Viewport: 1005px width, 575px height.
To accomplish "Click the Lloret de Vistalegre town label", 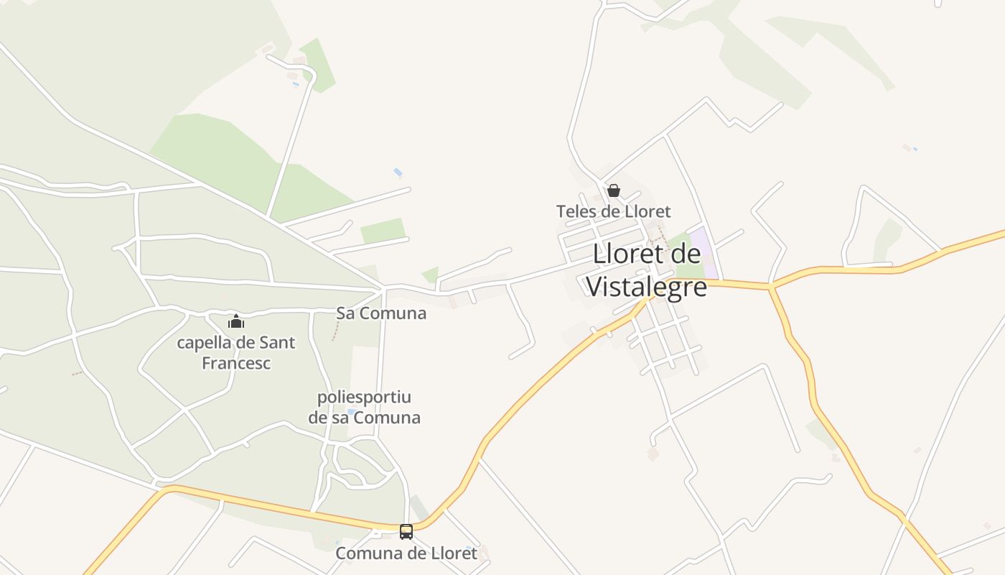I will (x=646, y=270).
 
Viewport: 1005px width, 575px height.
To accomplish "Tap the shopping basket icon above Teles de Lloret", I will (x=614, y=190).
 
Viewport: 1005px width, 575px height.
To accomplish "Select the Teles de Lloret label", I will (x=613, y=211).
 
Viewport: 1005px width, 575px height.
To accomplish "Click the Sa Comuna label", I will (x=381, y=313).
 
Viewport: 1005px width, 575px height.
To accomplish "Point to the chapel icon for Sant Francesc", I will (x=236, y=321).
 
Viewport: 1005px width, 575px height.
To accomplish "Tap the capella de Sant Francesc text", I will (x=236, y=352).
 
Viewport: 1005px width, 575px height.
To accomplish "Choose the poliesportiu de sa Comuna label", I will (x=364, y=407).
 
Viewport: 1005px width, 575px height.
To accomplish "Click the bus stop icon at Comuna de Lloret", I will (x=406, y=532).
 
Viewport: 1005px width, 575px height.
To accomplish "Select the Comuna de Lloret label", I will (x=406, y=553).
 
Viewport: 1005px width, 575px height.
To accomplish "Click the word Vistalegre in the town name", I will (x=646, y=286).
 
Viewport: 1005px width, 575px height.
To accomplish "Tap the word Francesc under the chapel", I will (x=236, y=363).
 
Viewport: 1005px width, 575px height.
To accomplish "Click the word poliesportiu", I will (x=364, y=397).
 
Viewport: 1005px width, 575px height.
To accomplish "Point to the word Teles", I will (x=575, y=211).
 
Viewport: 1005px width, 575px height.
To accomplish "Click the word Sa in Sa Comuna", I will (x=345, y=313).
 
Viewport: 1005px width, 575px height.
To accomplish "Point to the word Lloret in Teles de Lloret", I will (x=646, y=211).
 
